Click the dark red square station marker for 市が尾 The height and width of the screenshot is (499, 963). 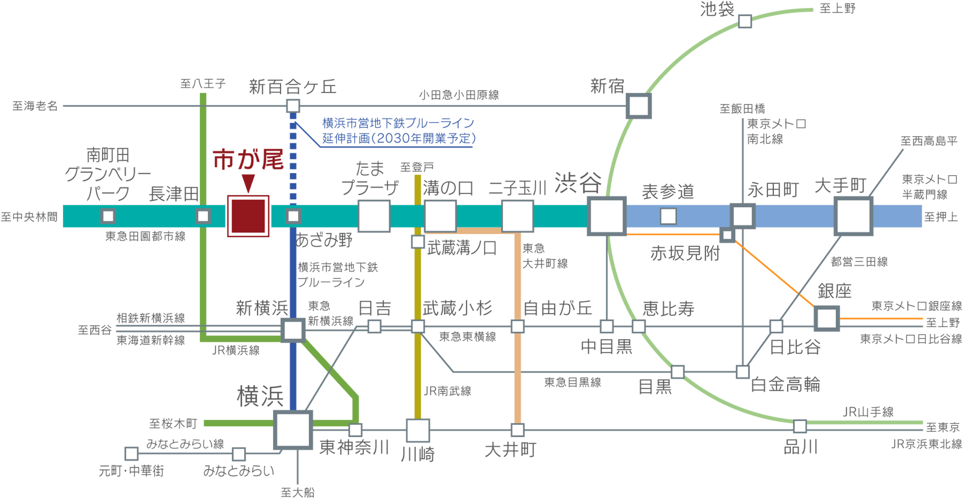click(248, 216)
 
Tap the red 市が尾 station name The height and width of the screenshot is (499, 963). click(248, 159)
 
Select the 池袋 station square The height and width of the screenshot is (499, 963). click(745, 21)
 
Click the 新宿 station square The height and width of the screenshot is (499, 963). click(639, 106)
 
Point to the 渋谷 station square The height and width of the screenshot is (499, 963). click(607, 216)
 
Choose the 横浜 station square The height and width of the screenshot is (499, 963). click(293, 430)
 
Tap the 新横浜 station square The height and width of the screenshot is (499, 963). click(293, 330)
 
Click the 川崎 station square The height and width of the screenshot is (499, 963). click(417, 430)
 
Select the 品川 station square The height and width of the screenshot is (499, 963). click(800, 426)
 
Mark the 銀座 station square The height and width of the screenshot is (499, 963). click(827, 318)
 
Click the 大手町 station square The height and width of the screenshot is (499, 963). click(853, 216)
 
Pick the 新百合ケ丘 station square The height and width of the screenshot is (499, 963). click(293, 106)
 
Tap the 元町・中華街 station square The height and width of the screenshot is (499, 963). click(131, 454)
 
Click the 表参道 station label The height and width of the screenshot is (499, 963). click(668, 192)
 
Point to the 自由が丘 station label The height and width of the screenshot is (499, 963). click(558, 308)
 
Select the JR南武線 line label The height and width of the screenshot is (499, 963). click(447, 391)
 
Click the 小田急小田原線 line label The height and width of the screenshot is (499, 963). click(458, 95)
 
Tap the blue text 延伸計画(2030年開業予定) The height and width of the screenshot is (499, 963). click(399, 139)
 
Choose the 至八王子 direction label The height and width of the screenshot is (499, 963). click(203, 84)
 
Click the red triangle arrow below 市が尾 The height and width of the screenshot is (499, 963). click(248, 183)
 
